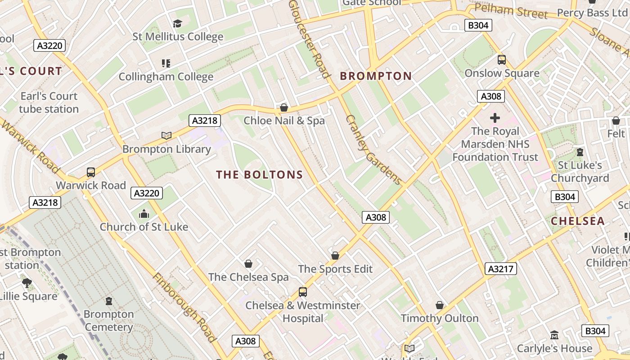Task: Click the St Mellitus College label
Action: click(x=178, y=37)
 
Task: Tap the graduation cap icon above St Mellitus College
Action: click(x=178, y=23)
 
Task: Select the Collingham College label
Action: click(x=166, y=76)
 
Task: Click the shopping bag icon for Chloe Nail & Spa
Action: click(x=283, y=108)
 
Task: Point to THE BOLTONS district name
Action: click(x=260, y=175)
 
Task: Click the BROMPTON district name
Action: click(x=376, y=76)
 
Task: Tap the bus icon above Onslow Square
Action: click(x=501, y=60)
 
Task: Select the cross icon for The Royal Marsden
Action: click(x=495, y=118)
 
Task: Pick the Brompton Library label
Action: click(x=166, y=149)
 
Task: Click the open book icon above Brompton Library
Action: click(x=166, y=135)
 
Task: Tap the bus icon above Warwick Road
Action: click(x=91, y=172)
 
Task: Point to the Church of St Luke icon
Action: click(x=144, y=214)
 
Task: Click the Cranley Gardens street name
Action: click(x=373, y=150)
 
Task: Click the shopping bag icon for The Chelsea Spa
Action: click(x=248, y=264)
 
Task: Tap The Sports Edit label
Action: click(x=335, y=269)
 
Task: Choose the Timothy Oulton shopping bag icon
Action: click(x=440, y=306)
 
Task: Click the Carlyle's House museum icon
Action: click(x=554, y=335)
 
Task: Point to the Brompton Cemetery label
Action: click(x=108, y=320)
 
